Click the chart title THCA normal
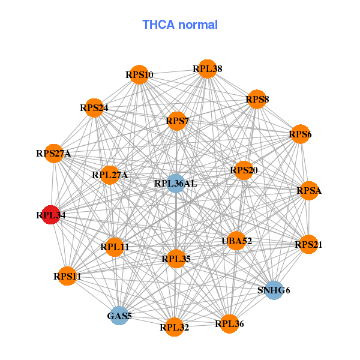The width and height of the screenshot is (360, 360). click(179, 25)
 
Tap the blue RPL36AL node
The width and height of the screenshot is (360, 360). click(175, 183)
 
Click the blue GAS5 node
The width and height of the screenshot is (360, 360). click(119, 316)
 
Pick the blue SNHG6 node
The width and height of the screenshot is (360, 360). click(274, 290)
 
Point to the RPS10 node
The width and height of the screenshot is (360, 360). click(139, 75)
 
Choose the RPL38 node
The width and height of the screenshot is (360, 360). click(207, 69)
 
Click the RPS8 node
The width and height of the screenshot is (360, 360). click(257, 99)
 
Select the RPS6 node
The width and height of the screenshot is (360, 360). click(300, 134)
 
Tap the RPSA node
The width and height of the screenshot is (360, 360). click(309, 191)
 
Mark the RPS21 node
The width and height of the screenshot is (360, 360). click(308, 244)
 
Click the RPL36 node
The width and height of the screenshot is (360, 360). click(229, 324)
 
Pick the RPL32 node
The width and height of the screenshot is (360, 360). click(174, 327)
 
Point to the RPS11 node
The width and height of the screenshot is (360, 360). click(67, 276)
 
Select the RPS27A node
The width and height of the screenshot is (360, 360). click(54, 154)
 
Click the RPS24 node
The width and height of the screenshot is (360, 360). click(94, 108)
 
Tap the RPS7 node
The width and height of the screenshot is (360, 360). click(177, 122)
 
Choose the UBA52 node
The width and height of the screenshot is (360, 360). click(236, 241)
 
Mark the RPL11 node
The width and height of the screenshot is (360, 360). click(115, 247)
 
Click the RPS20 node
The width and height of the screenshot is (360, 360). click(244, 171)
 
